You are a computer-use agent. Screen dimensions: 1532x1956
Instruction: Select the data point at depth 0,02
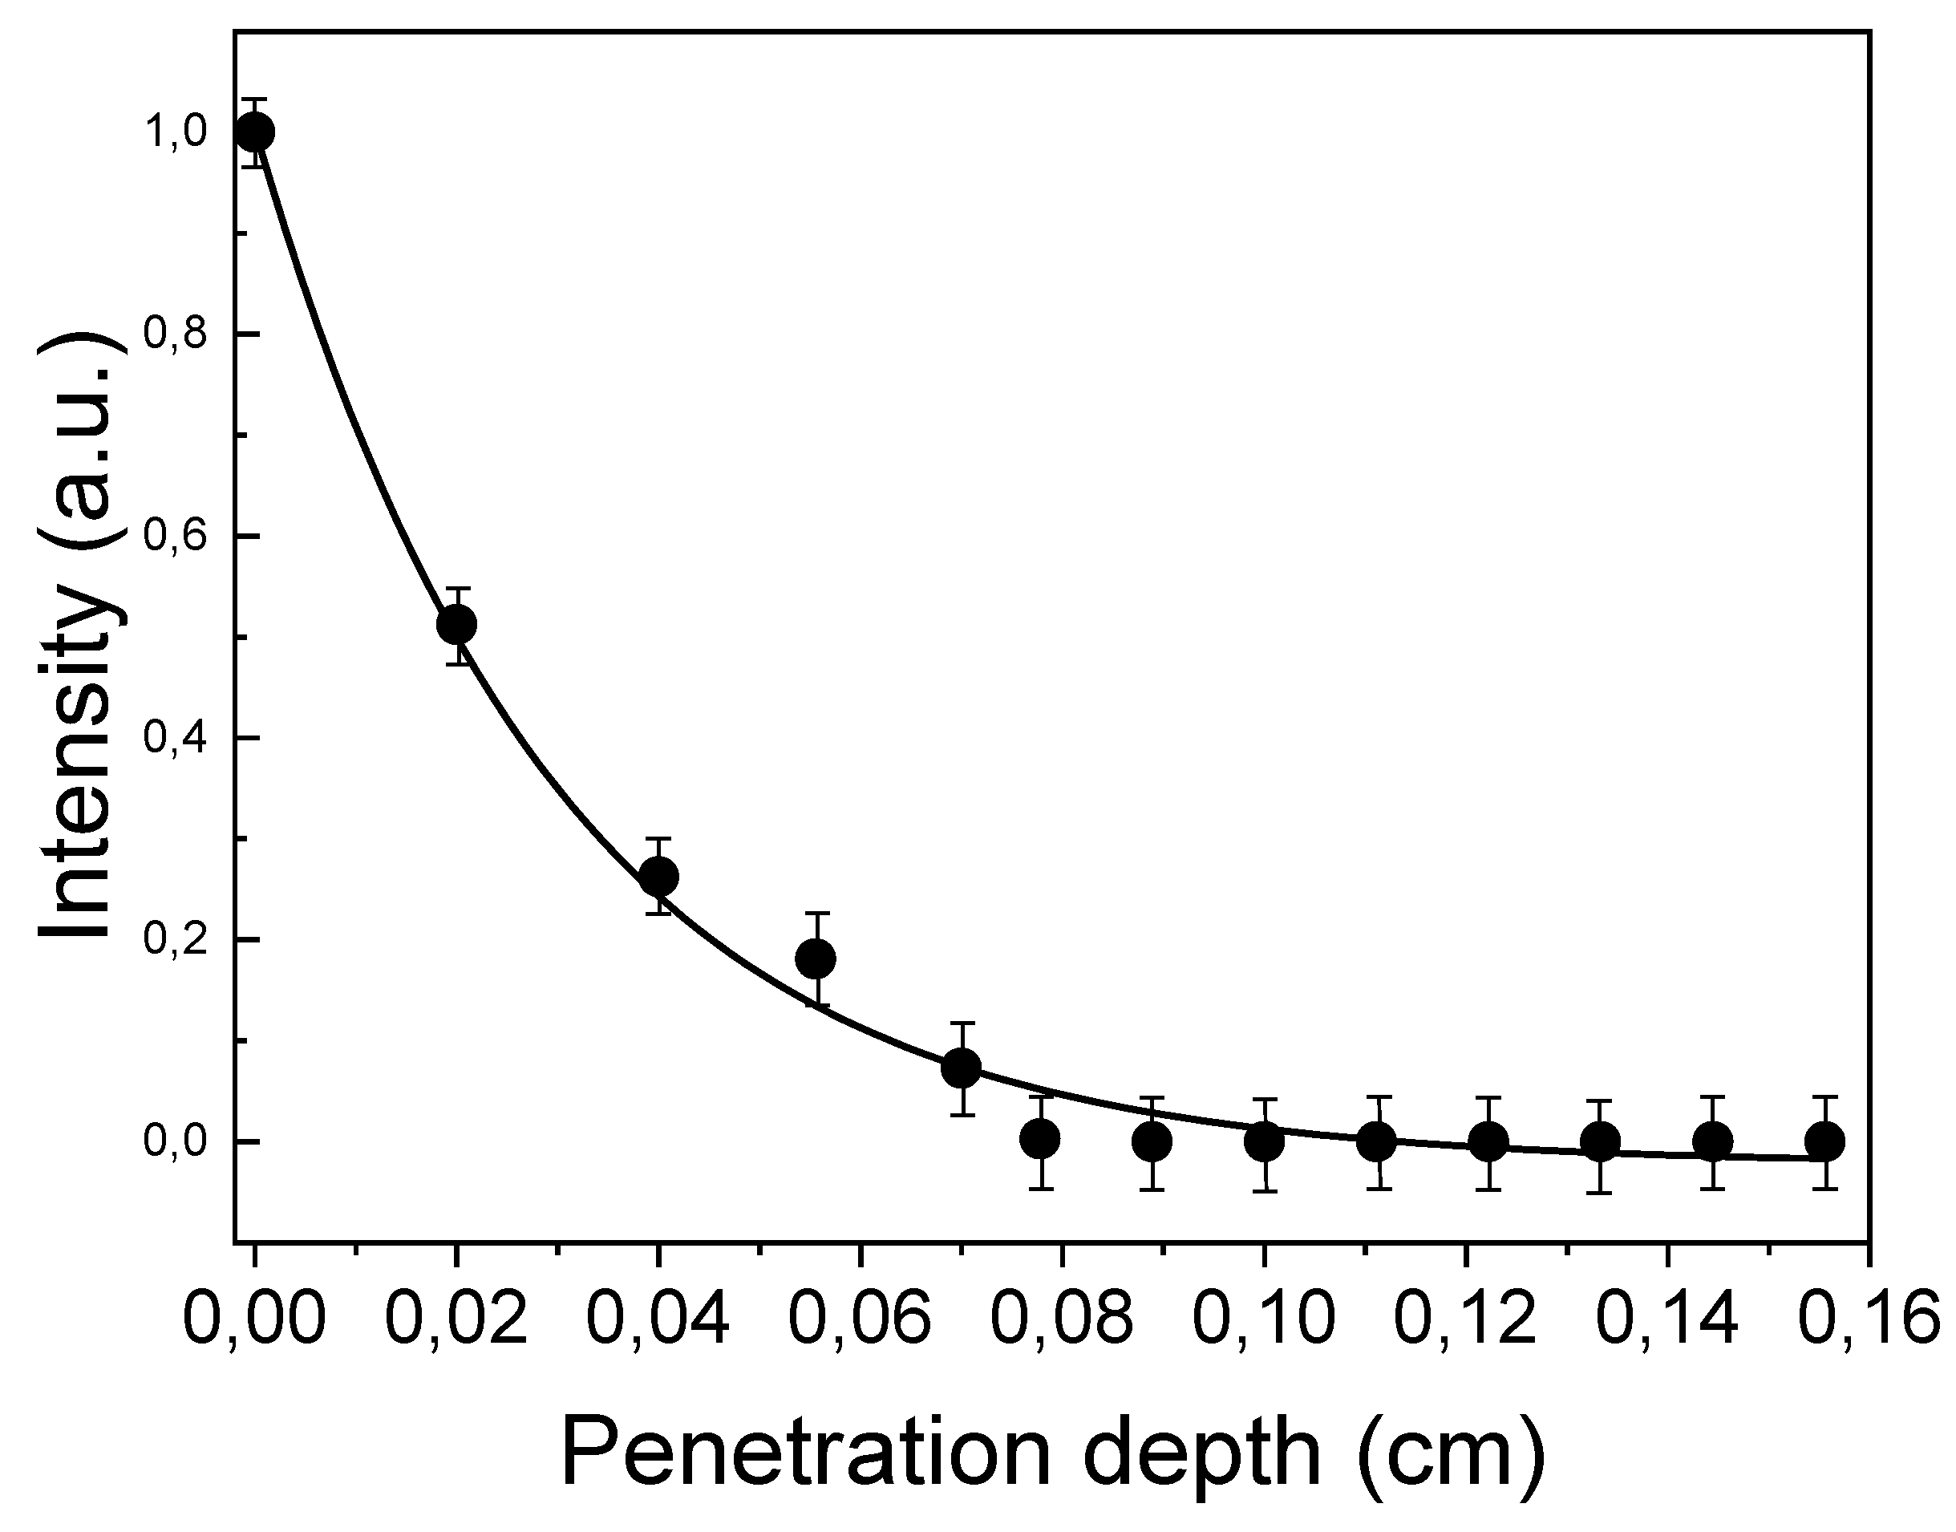pos(456,623)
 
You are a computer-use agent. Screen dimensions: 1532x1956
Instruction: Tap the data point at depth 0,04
pos(658,877)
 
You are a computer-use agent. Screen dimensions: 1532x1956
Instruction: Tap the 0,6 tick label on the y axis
pos(176,537)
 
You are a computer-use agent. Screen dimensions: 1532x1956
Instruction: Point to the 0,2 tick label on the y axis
pos(176,940)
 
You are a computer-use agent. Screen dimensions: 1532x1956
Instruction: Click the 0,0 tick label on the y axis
pos(176,1142)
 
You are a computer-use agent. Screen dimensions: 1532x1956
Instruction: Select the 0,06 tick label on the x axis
pos(860,1320)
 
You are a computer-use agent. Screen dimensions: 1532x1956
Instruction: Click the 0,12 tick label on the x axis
pos(1465,1320)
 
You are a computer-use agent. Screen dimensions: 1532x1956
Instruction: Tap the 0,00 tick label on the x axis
pos(255,1320)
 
